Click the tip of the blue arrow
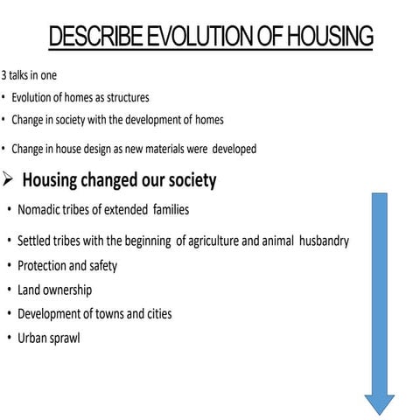(379, 412)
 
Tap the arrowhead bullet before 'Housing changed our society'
(7, 181)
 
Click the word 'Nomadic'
(39, 210)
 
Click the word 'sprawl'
(64, 338)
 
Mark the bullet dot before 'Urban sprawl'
(8, 338)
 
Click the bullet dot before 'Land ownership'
(8, 290)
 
